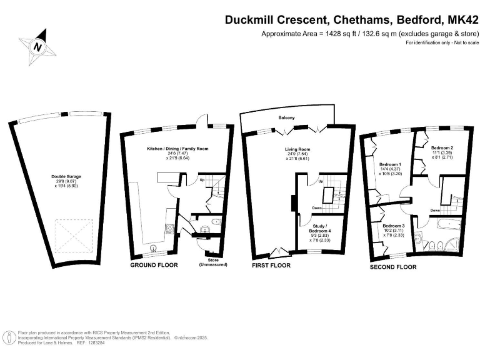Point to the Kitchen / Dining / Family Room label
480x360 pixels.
tap(177, 149)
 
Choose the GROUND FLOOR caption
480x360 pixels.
tap(154, 265)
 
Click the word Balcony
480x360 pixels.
tap(287, 117)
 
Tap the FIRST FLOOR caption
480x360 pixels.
tap(271, 265)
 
